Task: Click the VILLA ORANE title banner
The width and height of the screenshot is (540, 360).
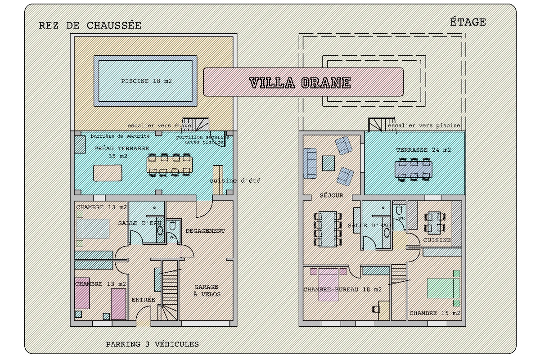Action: click(303, 82)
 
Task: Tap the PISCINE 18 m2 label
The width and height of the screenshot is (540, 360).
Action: click(147, 81)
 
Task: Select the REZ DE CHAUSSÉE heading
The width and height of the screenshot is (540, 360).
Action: click(90, 26)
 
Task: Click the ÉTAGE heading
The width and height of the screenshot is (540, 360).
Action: click(468, 22)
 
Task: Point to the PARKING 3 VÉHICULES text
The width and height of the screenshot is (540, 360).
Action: click(152, 344)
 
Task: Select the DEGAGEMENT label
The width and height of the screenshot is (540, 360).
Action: click(205, 231)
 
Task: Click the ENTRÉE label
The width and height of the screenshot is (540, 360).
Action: click(143, 300)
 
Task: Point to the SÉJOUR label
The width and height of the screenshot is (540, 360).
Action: click(332, 196)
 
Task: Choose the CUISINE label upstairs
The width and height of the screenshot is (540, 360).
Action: click(436, 240)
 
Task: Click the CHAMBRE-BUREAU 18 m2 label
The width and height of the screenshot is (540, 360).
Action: click(342, 289)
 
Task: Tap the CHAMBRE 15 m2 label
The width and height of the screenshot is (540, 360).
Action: click(435, 313)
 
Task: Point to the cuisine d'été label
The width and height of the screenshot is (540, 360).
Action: click(234, 181)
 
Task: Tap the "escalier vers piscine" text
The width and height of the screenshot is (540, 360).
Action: click(424, 126)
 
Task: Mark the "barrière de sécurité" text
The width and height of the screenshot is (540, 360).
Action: click(120, 136)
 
